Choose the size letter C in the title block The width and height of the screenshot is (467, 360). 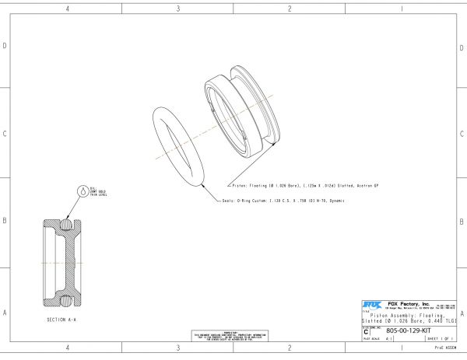click(x=367, y=331)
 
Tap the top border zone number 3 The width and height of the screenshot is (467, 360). click(x=178, y=9)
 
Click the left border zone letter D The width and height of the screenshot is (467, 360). click(x=5, y=46)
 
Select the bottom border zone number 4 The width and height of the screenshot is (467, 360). click(x=67, y=348)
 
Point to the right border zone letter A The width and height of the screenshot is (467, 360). click(x=462, y=313)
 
